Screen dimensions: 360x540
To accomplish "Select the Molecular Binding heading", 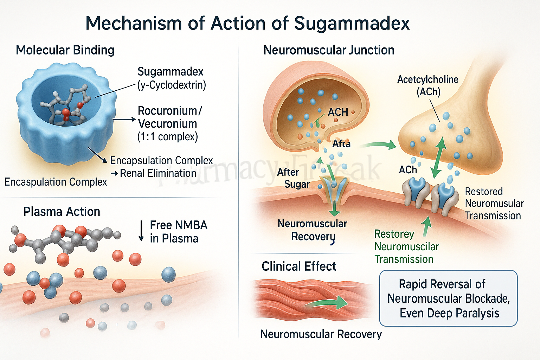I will (65, 50).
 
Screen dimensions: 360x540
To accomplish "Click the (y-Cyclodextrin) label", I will (172, 85).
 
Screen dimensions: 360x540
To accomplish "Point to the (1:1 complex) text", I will (168, 136).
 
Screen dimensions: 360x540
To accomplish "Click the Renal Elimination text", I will (158, 173).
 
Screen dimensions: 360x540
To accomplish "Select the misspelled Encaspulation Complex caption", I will (56, 182).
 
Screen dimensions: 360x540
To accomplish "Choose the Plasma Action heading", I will (62, 212).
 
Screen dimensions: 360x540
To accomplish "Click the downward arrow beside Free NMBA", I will (141, 231).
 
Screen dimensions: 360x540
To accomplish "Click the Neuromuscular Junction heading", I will (329, 50).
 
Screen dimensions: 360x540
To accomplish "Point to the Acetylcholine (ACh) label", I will (428, 85).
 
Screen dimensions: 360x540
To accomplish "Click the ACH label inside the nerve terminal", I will (338, 112).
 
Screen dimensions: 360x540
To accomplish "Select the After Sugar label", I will (292, 178).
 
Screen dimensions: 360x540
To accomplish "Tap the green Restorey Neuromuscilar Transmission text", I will (406, 247).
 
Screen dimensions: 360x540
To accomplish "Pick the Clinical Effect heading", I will (299, 266).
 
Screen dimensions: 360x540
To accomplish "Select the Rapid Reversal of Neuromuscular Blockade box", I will (448, 298).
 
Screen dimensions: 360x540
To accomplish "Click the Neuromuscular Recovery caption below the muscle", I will (321, 334).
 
